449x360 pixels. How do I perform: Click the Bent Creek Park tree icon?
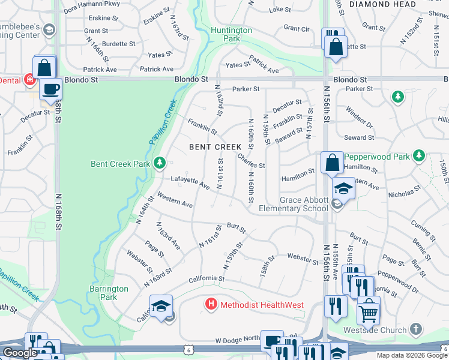[x=159, y=163]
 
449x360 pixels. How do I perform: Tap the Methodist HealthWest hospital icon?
[x=211, y=304]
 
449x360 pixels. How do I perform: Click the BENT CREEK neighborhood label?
[x=215, y=146]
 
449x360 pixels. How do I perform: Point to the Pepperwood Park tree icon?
[x=419, y=157]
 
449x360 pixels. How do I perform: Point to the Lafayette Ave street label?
[x=190, y=182]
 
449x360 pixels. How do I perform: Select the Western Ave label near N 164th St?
[x=175, y=200]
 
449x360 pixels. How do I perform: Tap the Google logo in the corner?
[x=20, y=353]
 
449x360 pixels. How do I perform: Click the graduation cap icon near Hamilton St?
[x=343, y=188]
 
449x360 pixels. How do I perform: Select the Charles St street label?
[x=251, y=161]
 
